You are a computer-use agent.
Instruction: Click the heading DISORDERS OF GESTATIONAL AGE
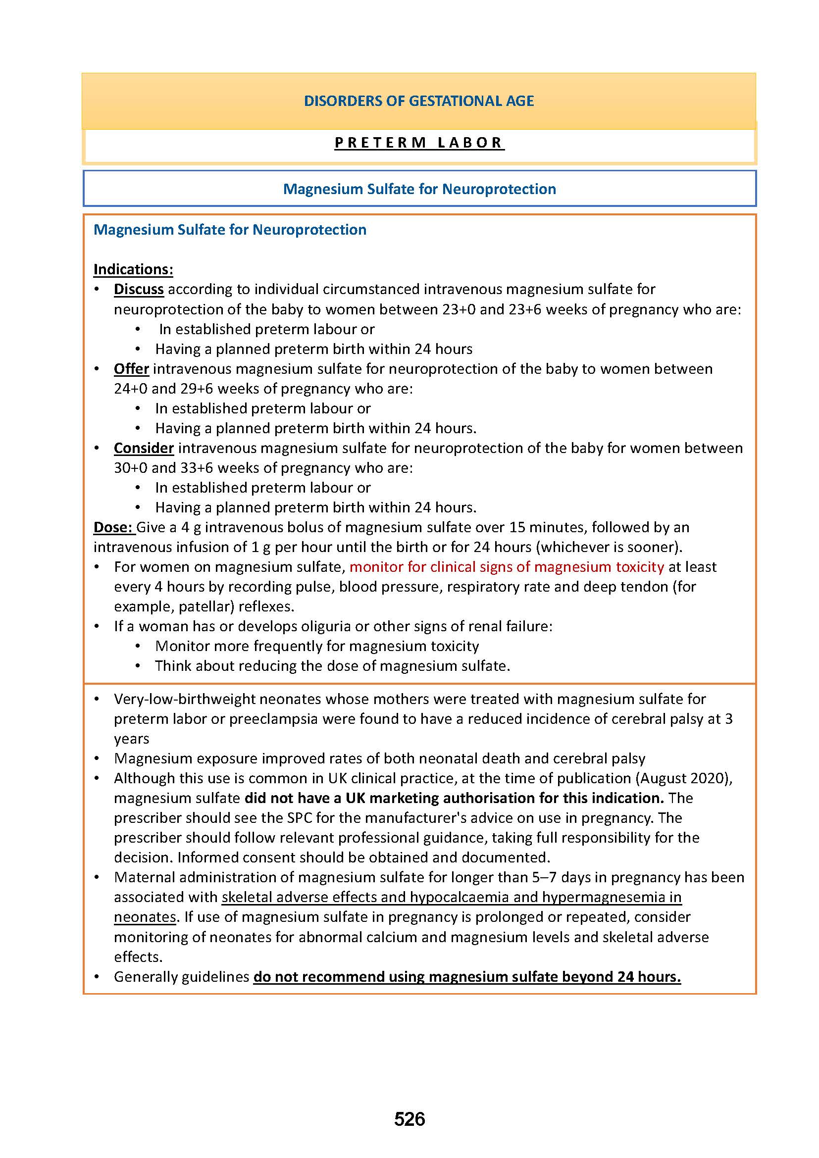coord(418,101)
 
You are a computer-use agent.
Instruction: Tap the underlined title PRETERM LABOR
coord(418,143)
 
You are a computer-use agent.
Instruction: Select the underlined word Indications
coord(133,269)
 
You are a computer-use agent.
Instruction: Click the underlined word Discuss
coord(139,289)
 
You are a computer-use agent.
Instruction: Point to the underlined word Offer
coord(131,369)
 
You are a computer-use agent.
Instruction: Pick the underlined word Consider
coord(144,448)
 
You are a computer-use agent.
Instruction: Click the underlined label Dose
coord(113,527)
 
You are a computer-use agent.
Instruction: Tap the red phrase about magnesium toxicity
coord(507,567)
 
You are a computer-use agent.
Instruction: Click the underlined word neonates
coord(145,917)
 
